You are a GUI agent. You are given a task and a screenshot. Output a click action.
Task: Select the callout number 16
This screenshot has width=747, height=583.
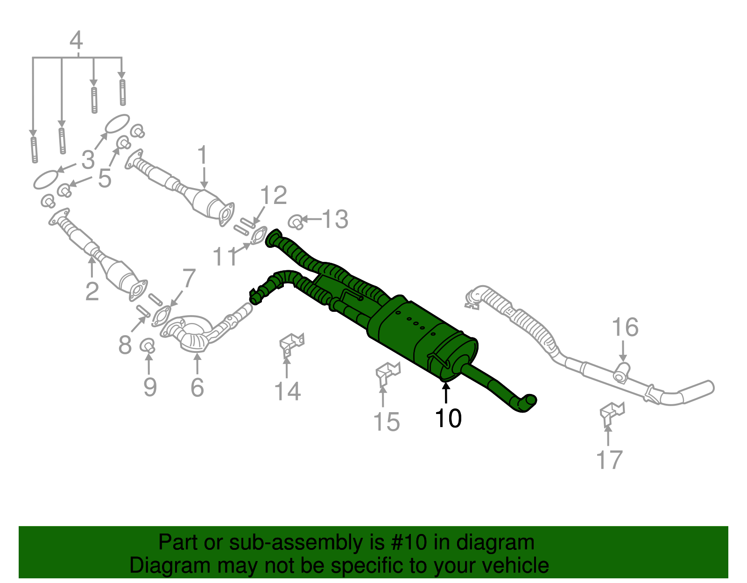click(x=625, y=327)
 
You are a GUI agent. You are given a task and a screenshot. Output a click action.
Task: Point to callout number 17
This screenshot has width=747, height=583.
click(x=609, y=460)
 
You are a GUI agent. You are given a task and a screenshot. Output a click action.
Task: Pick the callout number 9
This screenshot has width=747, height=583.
click(x=150, y=386)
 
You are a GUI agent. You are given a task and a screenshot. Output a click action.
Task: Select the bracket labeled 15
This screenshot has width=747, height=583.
click(x=387, y=372)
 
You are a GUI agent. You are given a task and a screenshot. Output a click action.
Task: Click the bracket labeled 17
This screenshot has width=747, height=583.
click(x=611, y=411)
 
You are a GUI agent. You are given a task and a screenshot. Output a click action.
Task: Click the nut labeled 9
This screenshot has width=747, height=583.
click(x=148, y=346)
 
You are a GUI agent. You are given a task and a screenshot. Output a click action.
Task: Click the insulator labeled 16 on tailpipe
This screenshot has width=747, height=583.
click(x=621, y=372)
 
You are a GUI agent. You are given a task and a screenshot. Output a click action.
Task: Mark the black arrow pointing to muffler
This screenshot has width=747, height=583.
click(x=446, y=392)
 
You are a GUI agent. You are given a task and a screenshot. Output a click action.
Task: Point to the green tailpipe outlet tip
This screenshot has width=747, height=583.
click(x=529, y=403)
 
